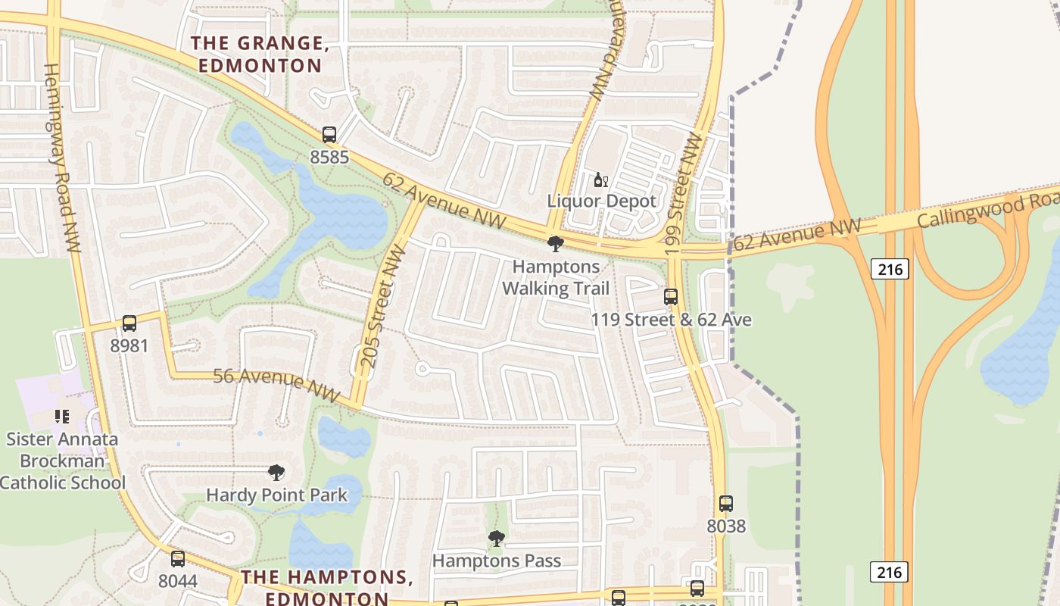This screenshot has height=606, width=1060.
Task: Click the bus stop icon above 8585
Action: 329,135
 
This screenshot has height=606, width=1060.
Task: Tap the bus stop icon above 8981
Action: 129,323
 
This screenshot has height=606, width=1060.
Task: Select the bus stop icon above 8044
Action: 178,559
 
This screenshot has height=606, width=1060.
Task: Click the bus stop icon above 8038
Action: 725,503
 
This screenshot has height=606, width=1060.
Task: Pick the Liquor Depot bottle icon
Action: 600,180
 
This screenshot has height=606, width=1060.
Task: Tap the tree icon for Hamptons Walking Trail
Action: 555,244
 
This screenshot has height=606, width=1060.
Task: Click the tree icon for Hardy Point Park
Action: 276,473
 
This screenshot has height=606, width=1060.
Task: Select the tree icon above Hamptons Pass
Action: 497,539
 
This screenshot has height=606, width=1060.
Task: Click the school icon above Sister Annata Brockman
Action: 62,416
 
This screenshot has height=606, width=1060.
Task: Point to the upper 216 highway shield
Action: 889,269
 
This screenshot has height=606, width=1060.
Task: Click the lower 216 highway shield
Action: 889,571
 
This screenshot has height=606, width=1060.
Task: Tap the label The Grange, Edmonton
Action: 260,55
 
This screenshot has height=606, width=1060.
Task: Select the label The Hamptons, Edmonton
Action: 326,587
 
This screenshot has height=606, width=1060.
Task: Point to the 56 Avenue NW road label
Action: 277,381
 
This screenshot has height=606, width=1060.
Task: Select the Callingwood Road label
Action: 988,211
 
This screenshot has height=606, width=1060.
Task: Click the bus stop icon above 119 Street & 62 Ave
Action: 670,297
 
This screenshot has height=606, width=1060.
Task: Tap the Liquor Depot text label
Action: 602,201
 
